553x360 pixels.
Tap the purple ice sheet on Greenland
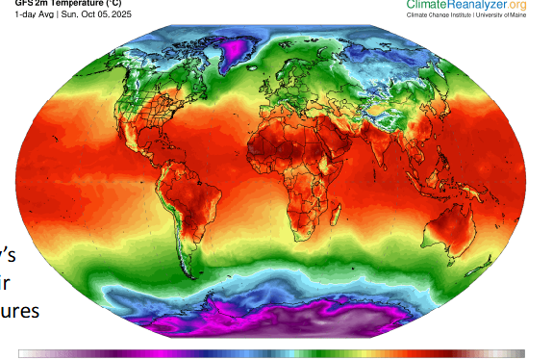pyautogui.click(x=231, y=49)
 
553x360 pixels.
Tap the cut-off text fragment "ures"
pyautogui.click(x=19, y=312)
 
